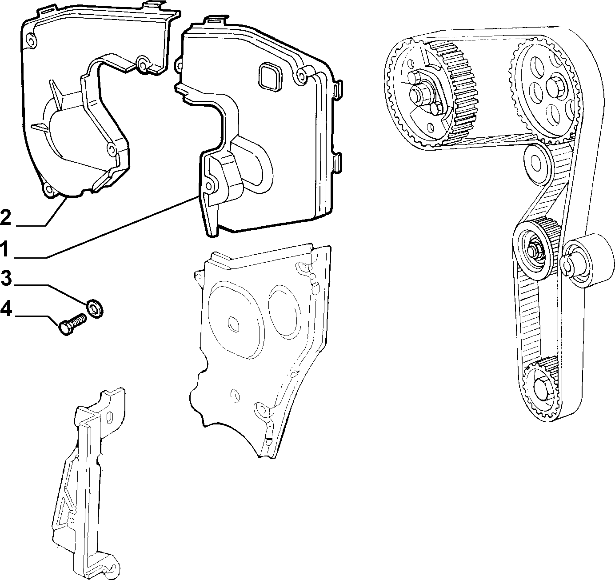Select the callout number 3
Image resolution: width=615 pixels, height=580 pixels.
point(6,278)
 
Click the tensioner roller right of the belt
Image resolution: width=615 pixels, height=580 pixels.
point(587,260)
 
